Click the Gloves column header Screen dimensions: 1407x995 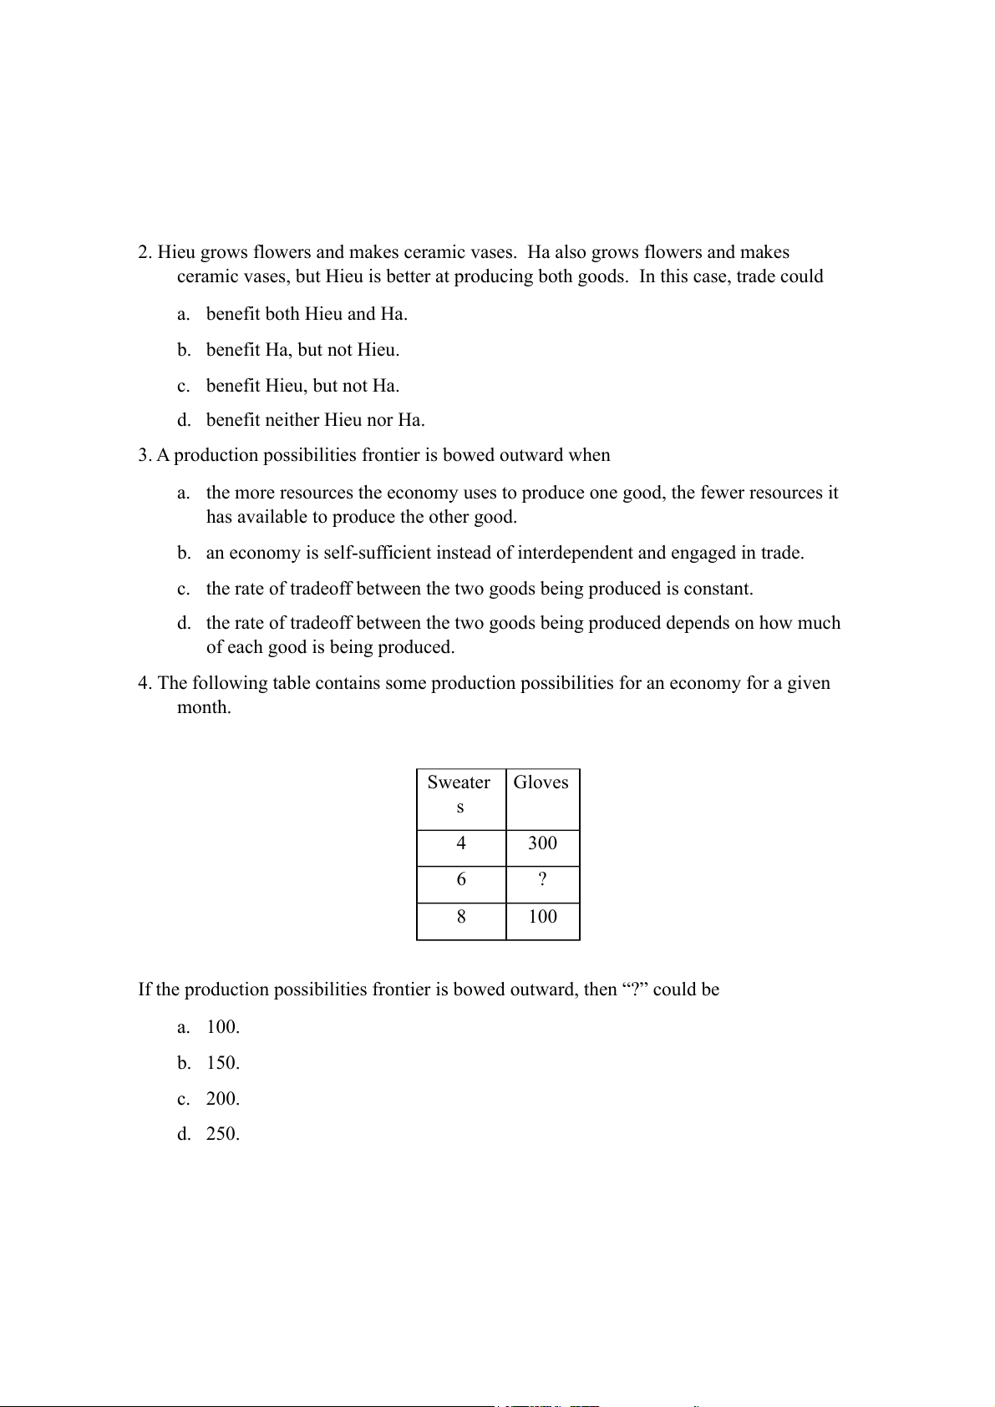pos(541,782)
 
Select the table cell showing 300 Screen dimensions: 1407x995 pos(542,843)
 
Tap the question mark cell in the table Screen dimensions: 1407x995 pos(542,880)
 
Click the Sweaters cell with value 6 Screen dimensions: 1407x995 pos(461,880)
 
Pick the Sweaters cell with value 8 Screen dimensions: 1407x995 pos(461,917)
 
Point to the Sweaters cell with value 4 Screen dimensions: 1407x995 pos(461,843)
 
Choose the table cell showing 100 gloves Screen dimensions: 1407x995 pos(542,917)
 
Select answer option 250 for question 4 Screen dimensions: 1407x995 pos(222,1134)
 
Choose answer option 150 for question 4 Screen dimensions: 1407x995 pos(222,1063)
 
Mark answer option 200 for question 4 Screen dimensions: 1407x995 pos(222,1099)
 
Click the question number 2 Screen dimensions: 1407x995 pos(145,252)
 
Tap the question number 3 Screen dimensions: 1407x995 pos(145,455)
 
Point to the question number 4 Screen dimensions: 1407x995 pos(145,683)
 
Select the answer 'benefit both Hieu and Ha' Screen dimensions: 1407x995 pos(307,314)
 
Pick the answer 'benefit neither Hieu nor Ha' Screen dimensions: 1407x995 pos(315,420)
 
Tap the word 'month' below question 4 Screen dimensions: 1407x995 pos(203,707)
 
